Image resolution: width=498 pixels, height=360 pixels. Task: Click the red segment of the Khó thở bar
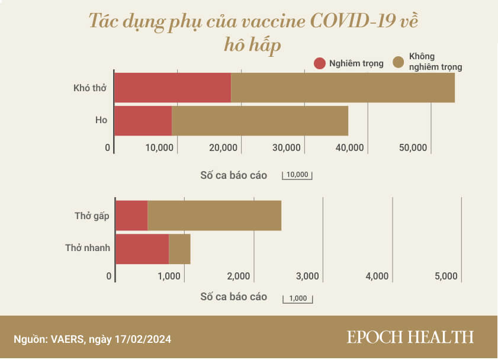pos(172,88)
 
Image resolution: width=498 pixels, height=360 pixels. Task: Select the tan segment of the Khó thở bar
pos(342,88)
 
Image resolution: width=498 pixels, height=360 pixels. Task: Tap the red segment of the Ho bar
pos(143,121)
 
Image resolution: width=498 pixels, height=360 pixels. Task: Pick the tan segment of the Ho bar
pos(259,121)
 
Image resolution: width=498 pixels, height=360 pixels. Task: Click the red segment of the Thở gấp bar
pos(131,216)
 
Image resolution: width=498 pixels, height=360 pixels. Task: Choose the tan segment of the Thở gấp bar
pos(214,216)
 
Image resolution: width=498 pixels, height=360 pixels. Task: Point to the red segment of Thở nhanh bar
pos(142,249)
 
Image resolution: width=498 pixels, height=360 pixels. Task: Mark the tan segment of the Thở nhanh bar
pos(179,249)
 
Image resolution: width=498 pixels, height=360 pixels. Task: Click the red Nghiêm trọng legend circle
pos(320,63)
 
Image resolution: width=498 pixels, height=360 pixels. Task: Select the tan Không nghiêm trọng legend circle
pos(399,63)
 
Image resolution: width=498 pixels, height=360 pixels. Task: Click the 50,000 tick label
pos(413,148)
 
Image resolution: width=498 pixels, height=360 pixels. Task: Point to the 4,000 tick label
pos(377,277)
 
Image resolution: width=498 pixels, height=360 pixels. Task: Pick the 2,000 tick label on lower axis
pos(238,277)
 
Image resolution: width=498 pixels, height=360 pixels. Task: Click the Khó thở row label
pos(90,88)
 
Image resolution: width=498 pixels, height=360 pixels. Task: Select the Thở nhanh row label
pos(88,248)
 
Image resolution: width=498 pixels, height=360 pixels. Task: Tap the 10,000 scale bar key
pos(297,175)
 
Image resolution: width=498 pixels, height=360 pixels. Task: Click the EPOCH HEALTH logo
pos(410,337)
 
